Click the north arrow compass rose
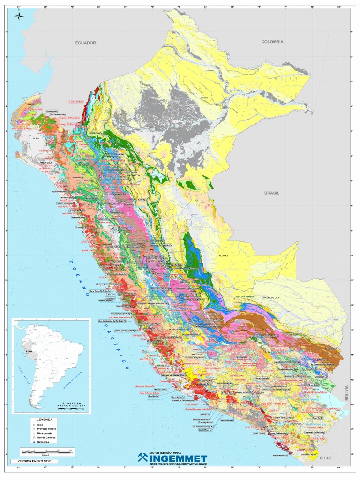click(19, 17)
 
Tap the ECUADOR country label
click(85, 43)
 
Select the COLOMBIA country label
click(272, 42)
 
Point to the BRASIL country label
click(271, 193)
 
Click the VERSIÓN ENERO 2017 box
click(34, 462)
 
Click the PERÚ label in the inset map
click(29, 351)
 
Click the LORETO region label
click(203, 98)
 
